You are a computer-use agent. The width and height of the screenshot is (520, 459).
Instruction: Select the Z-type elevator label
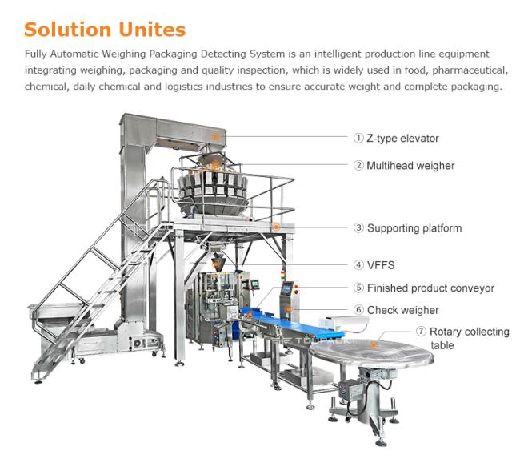click(402, 139)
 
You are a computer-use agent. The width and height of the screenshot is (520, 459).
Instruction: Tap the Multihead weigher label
click(410, 166)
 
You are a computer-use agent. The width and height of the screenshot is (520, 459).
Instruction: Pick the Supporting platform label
click(414, 228)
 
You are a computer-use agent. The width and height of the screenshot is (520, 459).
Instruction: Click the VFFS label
click(381, 264)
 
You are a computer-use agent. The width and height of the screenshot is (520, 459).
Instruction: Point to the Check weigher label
click(402, 310)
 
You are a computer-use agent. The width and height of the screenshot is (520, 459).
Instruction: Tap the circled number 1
click(359, 139)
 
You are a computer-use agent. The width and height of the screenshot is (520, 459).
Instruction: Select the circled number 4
click(359, 264)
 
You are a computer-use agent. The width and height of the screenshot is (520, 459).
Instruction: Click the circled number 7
click(421, 332)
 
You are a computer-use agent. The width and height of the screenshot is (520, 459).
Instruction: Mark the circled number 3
click(359, 228)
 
